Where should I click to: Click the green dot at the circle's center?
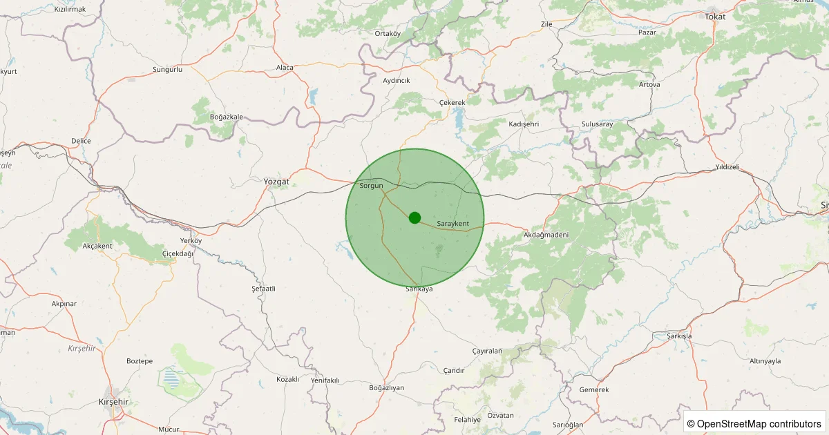coord(414,217)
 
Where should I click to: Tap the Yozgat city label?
coord(276,182)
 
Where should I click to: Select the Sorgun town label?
coord(372,186)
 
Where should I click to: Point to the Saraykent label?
coord(453,224)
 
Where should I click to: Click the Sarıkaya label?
coord(419,289)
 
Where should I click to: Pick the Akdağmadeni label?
coord(546,235)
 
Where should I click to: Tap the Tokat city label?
coord(715,16)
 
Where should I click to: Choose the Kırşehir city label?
coord(114,402)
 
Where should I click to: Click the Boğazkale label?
coord(227,117)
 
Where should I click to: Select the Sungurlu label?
coord(167,70)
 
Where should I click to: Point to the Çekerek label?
coord(452,102)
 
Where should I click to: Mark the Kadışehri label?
coord(523,124)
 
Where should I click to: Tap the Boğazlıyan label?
coord(387,387)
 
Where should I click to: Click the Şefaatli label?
coord(263,288)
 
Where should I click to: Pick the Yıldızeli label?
coord(727,167)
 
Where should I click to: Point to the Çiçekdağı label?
coord(178,253)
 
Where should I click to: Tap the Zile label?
coord(546,24)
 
